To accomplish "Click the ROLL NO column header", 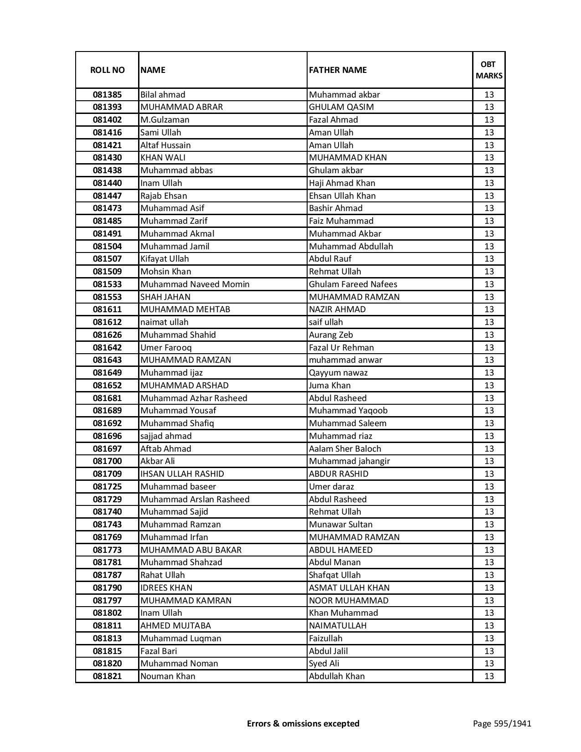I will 107,70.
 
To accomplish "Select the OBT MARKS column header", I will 489,70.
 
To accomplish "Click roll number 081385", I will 107,95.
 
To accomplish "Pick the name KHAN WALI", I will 163,158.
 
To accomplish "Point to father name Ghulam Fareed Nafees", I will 353,284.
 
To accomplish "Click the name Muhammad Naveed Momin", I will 195,284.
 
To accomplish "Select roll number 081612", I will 107,322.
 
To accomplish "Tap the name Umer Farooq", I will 166,348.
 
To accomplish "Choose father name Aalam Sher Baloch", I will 344,449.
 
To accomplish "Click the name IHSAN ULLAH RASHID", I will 182,474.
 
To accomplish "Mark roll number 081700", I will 107,461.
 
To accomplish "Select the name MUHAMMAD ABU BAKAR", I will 190,550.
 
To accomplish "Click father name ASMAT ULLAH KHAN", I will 349,588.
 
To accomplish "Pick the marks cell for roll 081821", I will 489,676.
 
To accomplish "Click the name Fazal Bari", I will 159,651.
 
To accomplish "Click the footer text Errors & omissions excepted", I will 303,723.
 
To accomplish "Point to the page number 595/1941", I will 502,723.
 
